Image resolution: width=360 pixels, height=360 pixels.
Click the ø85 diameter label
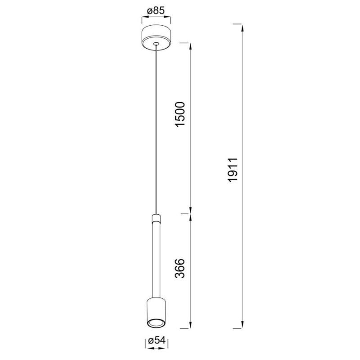click(156, 10)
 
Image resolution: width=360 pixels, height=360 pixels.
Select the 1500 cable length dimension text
click(180, 115)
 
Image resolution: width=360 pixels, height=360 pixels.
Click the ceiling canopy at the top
click(156, 37)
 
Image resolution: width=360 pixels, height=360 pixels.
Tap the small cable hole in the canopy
click(156, 44)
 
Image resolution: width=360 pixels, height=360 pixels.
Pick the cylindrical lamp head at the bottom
click(156, 310)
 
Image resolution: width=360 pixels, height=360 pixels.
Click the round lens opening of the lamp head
click(156, 323)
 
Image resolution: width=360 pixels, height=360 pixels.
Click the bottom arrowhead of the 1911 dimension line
click(243, 325)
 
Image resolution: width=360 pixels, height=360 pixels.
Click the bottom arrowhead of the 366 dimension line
click(191, 325)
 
